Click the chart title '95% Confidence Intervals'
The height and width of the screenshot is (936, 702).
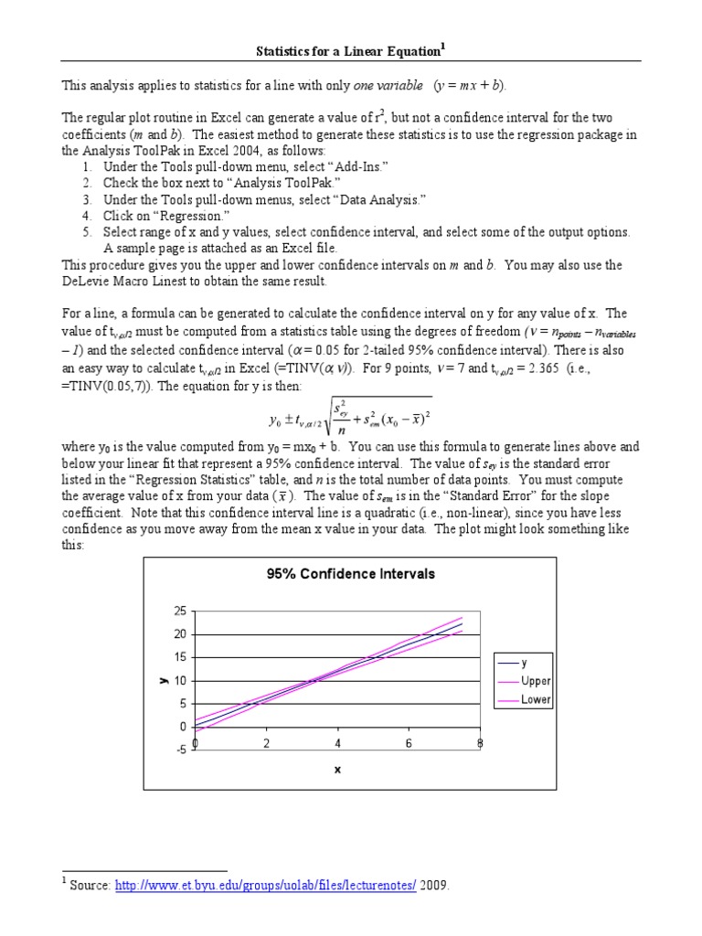(350, 574)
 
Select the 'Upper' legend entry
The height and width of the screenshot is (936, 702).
(536, 681)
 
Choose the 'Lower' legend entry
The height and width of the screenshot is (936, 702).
(536, 700)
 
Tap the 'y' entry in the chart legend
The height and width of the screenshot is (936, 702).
(524, 663)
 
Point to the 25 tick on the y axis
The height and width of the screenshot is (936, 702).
(179, 611)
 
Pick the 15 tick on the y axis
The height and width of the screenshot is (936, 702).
(179, 657)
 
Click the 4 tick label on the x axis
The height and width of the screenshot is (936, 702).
(338, 743)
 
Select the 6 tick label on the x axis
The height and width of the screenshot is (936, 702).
(409, 743)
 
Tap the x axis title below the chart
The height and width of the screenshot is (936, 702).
(337, 770)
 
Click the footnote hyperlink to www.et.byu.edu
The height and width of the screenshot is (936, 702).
(266, 886)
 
